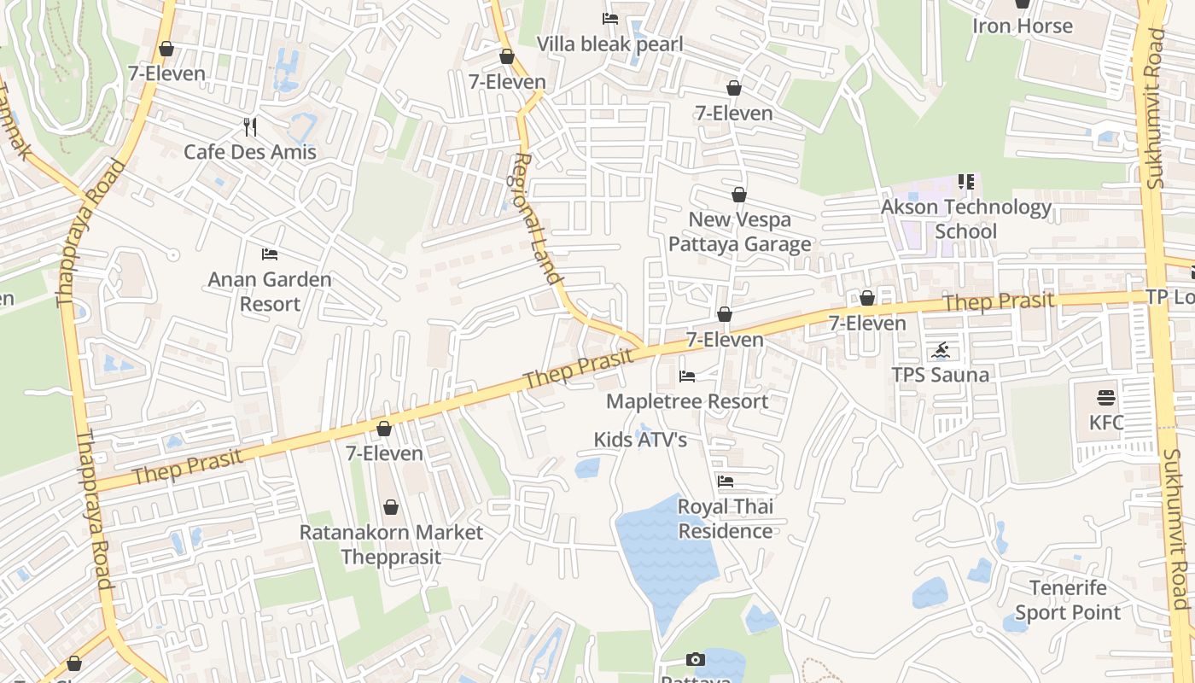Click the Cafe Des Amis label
coord(250,152)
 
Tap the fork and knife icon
coord(250,127)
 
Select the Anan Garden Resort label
coord(270,291)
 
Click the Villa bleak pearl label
coord(609,44)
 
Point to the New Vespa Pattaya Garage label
coord(739,231)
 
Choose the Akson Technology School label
coord(966,219)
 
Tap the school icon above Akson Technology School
coord(966,181)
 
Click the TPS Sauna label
coord(940,375)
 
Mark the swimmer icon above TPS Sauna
coord(941,350)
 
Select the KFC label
coord(1106,423)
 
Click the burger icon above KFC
coord(1106,398)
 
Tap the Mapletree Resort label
coord(687,401)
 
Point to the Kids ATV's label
coord(640,440)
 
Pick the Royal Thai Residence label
coord(726,518)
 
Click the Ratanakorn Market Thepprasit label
coord(391,545)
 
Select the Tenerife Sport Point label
coord(1068,600)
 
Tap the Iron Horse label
coord(1022,26)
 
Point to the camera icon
coord(696,659)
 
